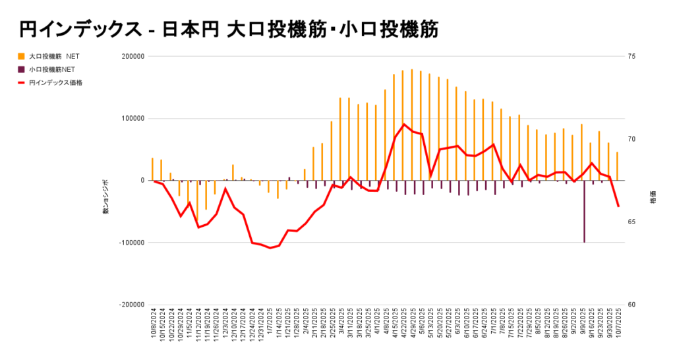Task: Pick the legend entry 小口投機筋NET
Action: pyautogui.click(x=52, y=69)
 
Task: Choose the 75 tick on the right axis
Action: pyautogui.click(x=631, y=57)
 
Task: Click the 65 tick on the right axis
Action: pyautogui.click(x=631, y=222)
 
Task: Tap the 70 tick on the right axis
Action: pyautogui.click(x=631, y=139)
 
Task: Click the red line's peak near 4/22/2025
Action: pyautogui.click(x=404, y=124)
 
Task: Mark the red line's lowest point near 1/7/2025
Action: pyautogui.click(x=270, y=248)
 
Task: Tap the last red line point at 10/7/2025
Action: pyautogui.click(x=618, y=206)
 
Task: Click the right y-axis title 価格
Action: pyautogui.click(x=653, y=197)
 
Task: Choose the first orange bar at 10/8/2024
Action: pyautogui.click(x=152, y=169)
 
